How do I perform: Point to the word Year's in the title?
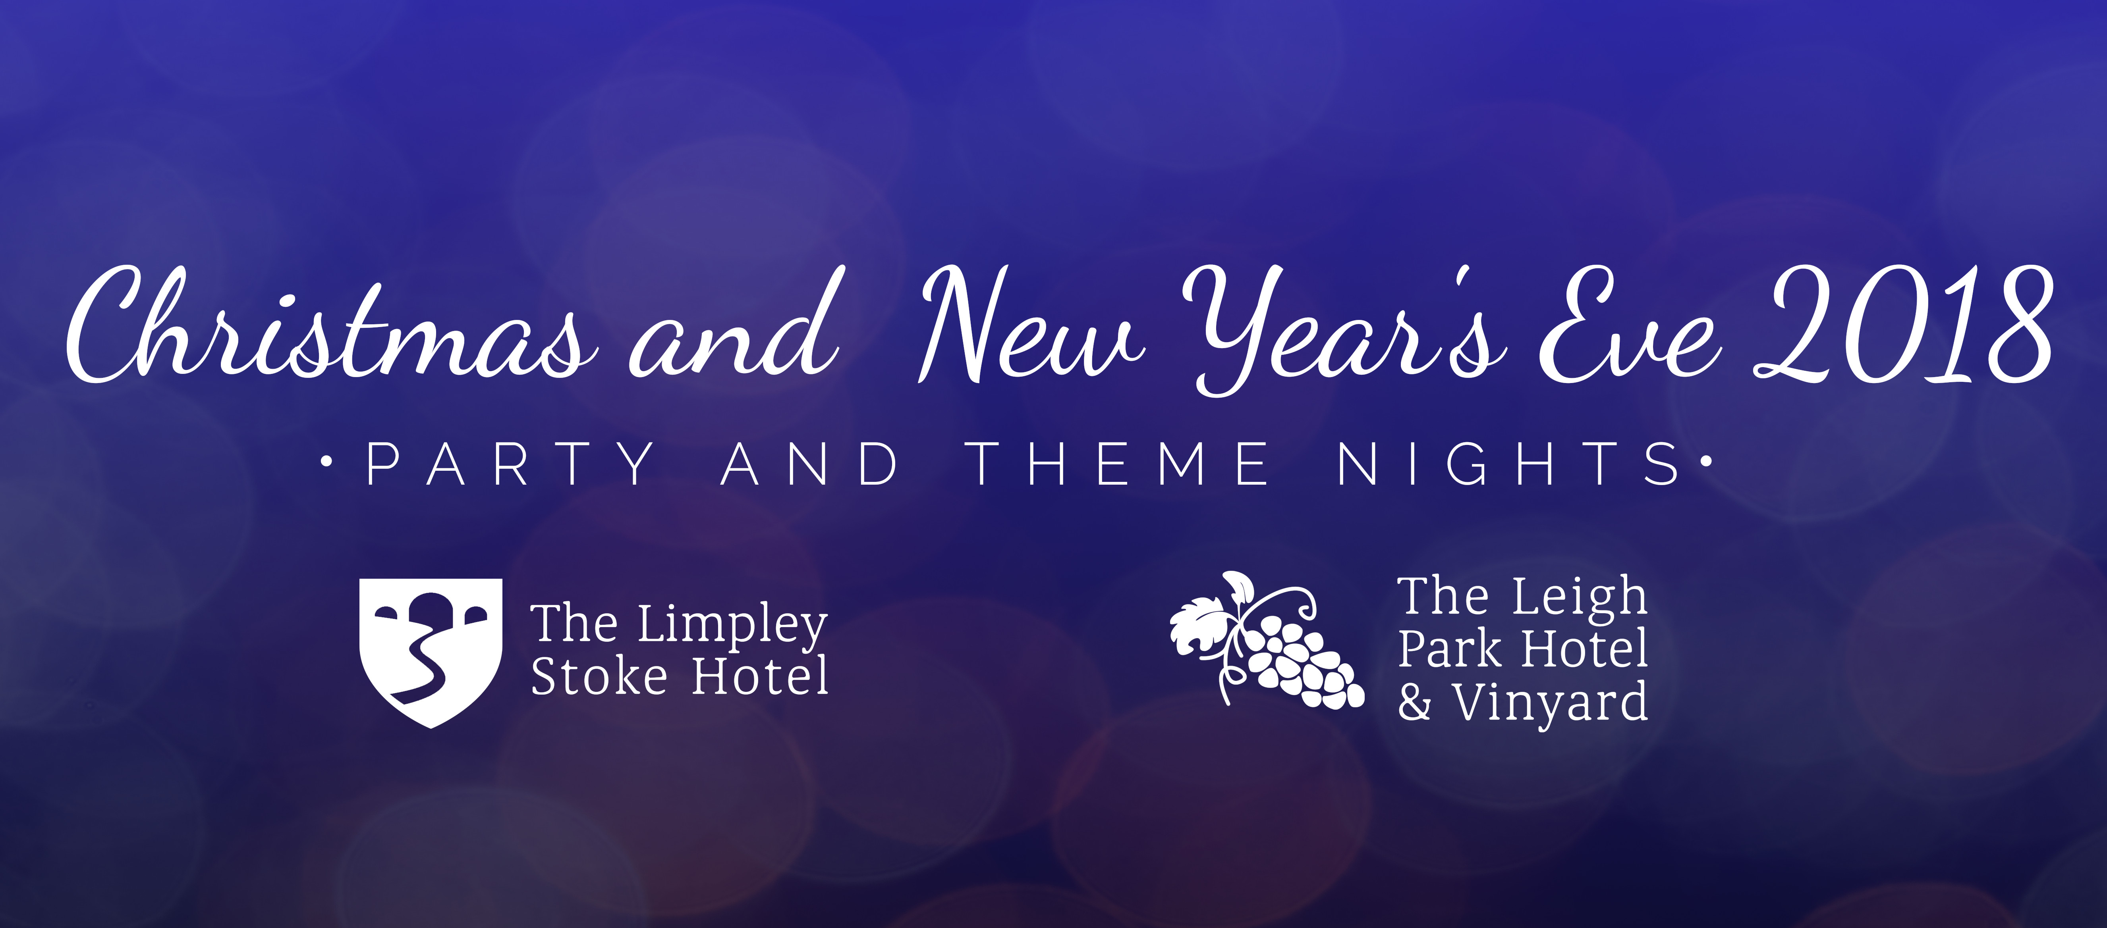tap(1341, 331)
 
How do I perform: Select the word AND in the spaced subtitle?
tap(810, 464)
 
